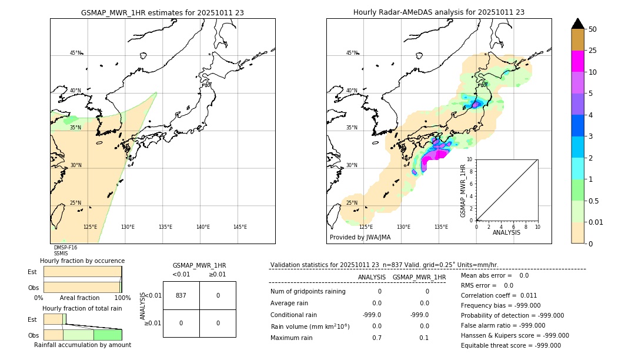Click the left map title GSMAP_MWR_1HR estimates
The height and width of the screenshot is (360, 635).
click(x=162, y=12)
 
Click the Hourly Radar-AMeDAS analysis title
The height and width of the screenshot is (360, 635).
click(x=439, y=12)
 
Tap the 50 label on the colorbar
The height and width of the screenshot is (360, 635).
click(x=593, y=29)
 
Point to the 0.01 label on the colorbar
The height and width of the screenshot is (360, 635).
click(x=596, y=222)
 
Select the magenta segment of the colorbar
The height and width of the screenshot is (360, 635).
click(x=577, y=61)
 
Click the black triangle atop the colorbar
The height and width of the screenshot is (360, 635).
click(x=577, y=24)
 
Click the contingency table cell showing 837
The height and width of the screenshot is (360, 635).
click(x=181, y=295)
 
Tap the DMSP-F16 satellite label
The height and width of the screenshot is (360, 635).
click(x=65, y=248)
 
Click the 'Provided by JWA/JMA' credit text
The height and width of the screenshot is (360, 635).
click(x=360, y=238)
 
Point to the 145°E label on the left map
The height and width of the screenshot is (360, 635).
click(x=240, y=227)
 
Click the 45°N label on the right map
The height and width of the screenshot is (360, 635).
click(x=352, y=53)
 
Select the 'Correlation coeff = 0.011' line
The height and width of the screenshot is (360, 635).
click(x=499, y=295)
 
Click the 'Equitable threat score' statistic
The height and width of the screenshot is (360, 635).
click(x=510, y=345)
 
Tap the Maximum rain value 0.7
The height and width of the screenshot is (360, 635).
click(x=376, y=338)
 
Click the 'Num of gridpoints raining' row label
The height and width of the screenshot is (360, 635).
click(x=308, y=291)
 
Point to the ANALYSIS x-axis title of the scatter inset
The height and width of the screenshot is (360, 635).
click(x=506, y=232)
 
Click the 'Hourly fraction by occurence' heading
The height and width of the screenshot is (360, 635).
click(x=82, y=261)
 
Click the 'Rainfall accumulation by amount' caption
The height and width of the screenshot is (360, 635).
click(x=82, y=345)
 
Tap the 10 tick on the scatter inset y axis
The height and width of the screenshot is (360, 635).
click(x=470, y=159)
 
